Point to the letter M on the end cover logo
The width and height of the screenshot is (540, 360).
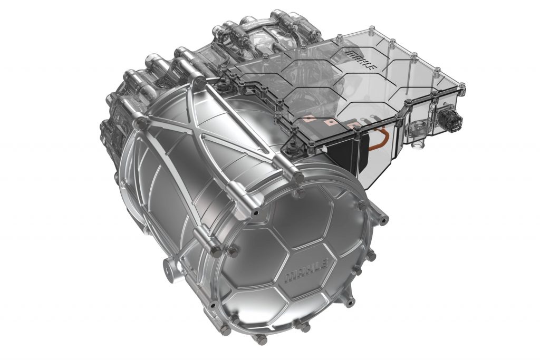click(x=290, y=279)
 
